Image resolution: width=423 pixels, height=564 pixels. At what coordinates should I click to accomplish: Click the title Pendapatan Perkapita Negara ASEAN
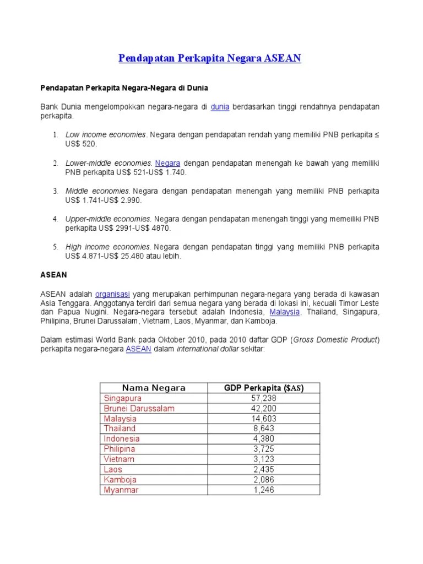point(210,58)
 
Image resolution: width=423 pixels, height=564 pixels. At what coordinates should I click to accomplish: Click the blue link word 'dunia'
point(220,106)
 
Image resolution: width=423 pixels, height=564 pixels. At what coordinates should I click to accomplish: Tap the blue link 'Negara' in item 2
point(167,163)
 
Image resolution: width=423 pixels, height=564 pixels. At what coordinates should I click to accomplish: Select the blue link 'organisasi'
point(112,294)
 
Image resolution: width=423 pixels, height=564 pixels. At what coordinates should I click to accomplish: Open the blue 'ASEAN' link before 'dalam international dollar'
point(138,349)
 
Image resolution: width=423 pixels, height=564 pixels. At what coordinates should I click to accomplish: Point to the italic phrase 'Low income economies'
point(106,134)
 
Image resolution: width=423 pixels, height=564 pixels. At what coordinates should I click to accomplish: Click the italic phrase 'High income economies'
point(108,247)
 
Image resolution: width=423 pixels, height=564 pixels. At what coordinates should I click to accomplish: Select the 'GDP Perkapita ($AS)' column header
point(264,388)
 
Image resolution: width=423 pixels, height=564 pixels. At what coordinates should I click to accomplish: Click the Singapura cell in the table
point(122,398)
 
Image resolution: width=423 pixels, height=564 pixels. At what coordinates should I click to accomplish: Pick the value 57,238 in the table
point(264,398)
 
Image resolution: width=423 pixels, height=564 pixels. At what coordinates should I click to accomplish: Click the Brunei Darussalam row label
point(139,408)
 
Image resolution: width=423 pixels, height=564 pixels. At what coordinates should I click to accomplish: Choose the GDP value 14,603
point(264,419)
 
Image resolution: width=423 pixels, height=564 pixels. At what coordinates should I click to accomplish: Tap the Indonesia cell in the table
point(121,439)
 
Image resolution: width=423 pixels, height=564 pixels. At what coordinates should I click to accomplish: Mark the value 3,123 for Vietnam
point(264,459)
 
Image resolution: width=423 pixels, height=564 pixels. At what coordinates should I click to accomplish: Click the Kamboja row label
point(120,480)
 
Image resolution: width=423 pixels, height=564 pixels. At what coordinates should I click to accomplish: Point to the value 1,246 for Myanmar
point(264,490)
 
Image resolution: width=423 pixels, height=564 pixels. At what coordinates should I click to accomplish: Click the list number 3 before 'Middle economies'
point(56,191)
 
